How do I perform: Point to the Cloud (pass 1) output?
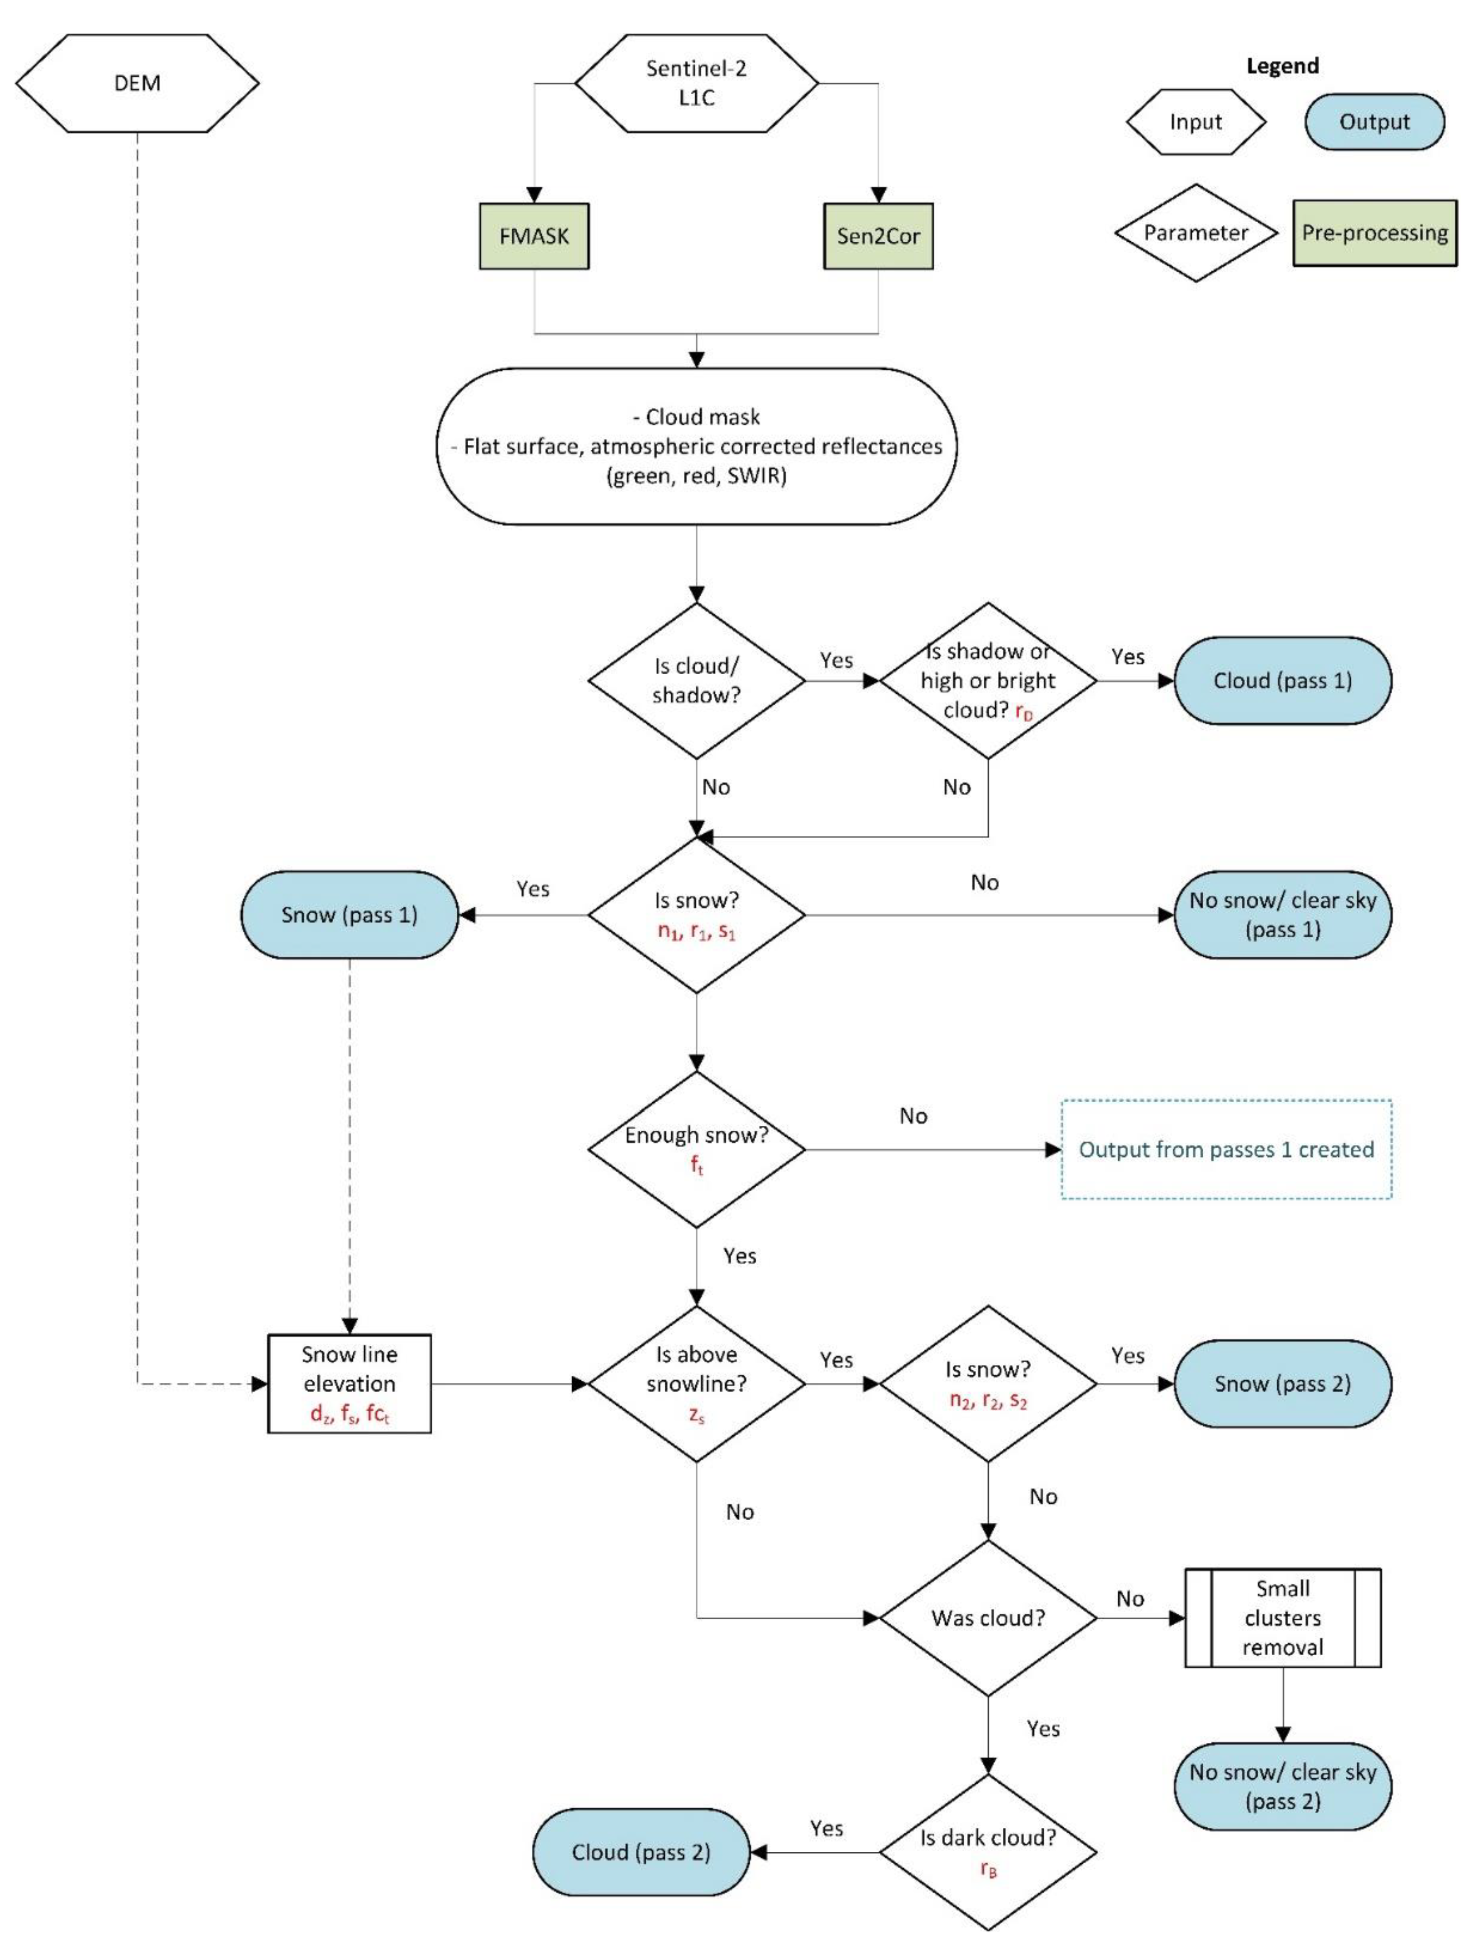point(1282,680)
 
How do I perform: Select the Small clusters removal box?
point(1282,1618)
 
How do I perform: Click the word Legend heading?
point(1282,66)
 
